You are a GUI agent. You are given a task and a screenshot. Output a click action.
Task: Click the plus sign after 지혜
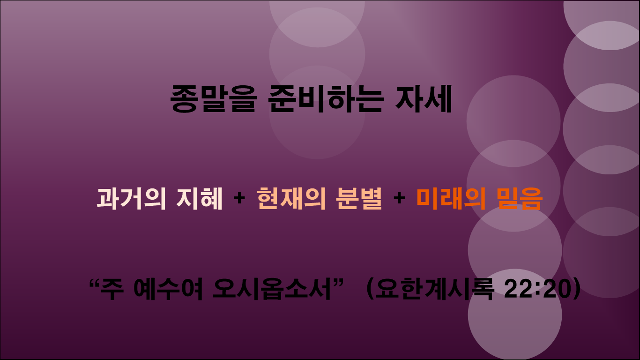click(x=239, y=199)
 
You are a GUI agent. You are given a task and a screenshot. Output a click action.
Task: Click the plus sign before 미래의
click(x=399, y=199)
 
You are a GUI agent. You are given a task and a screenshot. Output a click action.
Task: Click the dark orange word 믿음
click(x=520, y=199)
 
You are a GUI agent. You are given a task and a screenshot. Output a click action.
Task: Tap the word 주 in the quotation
click(x=115, y=289)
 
